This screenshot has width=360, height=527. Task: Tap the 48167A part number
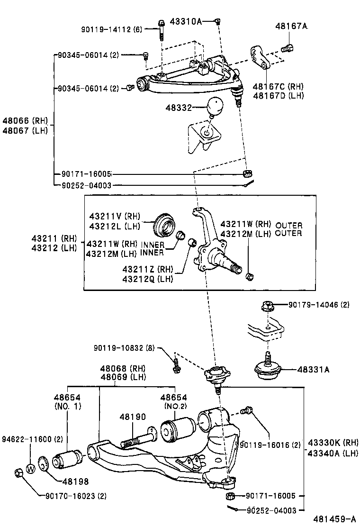tap(291, 27)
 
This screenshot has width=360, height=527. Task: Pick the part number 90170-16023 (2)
tap(76, 497)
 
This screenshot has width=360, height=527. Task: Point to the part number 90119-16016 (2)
tap(270, 445)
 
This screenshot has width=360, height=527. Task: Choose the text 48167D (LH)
tap(278, 95)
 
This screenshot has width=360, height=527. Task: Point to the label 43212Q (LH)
tap(147, 279)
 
